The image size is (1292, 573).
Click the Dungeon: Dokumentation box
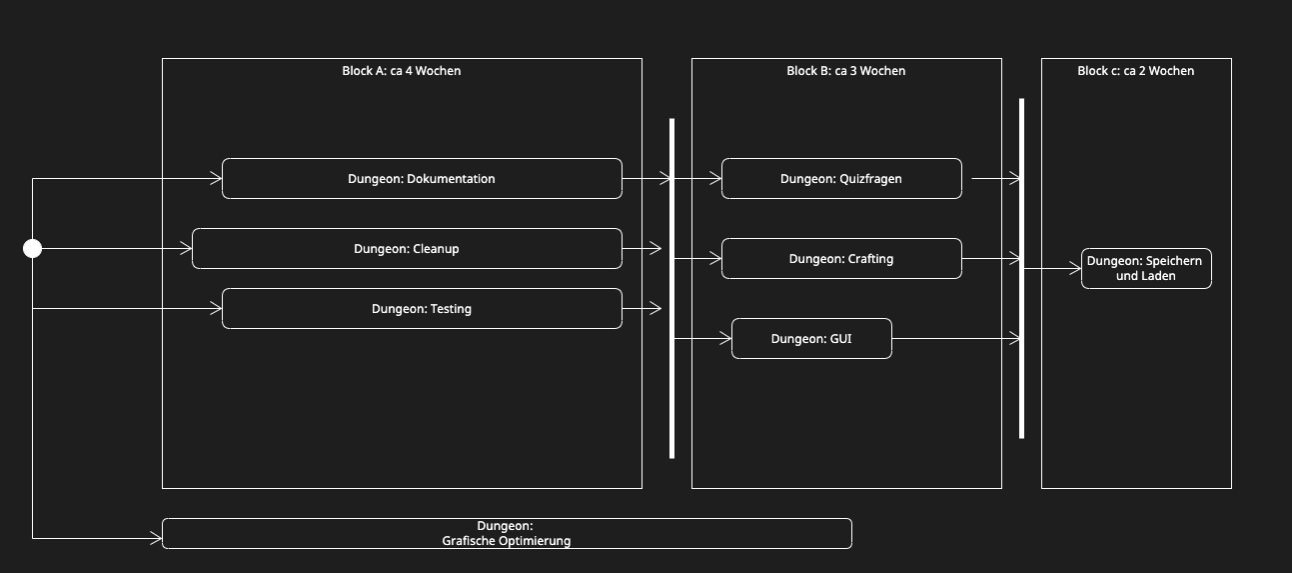[x=422, y=179]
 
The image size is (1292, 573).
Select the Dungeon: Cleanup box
[x=407, y=249]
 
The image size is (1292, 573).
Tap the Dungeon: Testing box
[x=422, y=309]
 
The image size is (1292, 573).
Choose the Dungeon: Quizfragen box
[x=841, y=179]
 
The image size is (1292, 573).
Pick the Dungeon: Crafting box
[x=841, y=259]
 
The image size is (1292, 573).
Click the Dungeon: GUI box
[x=811, y=339]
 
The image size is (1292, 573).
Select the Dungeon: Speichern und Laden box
[x=1146, y=268]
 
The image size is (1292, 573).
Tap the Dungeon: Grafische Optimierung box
[x=507, y=534]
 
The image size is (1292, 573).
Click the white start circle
[x=33, y=249]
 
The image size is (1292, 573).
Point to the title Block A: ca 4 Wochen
[x=402, y=71]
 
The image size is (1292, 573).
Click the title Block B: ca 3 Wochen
[x=846, y=71]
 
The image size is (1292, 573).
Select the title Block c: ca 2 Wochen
[x=1136, y=71]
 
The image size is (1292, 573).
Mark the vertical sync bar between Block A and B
[x=671, y=288]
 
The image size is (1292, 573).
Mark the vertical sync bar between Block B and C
[x=1021, y=268]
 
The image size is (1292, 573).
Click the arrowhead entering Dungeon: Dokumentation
[x=216, y=179]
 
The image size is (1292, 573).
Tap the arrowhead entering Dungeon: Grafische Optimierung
[x=156, y=539]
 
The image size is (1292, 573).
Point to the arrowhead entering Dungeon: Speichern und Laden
[x=1075, y=269]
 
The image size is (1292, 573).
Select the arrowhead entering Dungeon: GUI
[x=725, y=339]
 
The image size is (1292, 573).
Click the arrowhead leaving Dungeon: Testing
[x=655, y=309]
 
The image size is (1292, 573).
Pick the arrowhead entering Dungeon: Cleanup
[x=186, y=249]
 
